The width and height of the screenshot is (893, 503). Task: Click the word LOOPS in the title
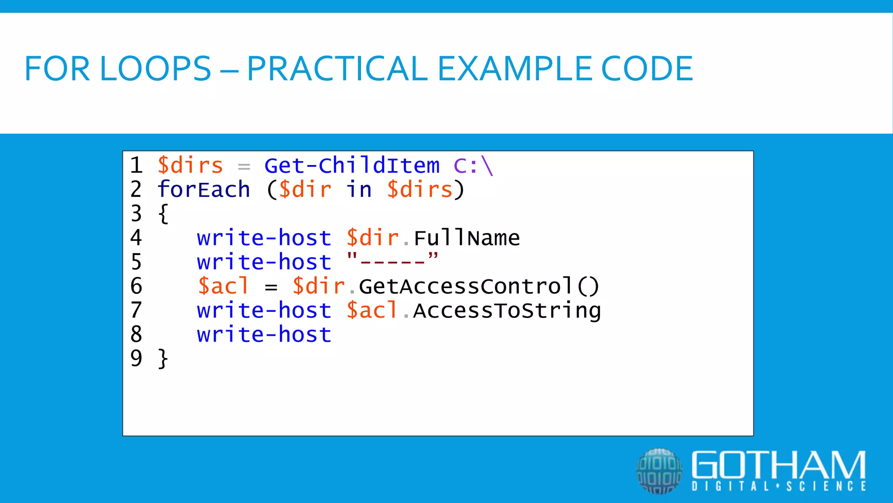click(155, 69)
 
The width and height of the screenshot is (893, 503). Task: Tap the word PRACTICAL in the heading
click(337, 69)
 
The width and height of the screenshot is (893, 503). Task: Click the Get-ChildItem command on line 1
click(352, 166)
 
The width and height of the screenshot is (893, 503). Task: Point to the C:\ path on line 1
click(473, 166)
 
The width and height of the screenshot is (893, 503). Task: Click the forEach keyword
click(204, 190)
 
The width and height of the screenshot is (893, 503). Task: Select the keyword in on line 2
click(359, 190)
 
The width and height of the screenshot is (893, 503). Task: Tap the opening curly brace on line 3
click(163, 214)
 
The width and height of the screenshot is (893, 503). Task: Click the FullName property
click(467, 238)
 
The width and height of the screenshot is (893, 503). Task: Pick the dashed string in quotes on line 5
click(392, 262)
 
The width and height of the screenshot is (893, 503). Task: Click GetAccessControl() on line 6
click(479, 286)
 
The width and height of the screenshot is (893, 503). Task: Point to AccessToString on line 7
click(507, 311)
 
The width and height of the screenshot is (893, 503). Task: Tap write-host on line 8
click(264, 335)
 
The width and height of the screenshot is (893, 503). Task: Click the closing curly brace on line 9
click(163, 359)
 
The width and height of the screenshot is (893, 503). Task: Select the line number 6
click(136, 286)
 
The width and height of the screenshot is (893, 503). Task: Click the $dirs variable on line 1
click(190, 166)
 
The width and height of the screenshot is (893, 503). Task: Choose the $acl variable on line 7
click(372, 311)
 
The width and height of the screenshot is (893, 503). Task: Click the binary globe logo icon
click(659, 471)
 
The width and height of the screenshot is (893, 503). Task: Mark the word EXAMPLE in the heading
click(515, 69)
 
